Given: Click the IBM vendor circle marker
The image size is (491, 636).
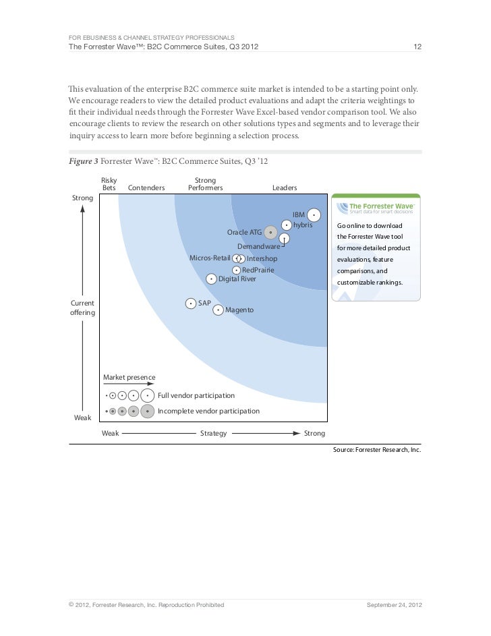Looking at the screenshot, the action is (314, 215).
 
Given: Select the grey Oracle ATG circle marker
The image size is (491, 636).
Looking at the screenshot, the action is (270, 233).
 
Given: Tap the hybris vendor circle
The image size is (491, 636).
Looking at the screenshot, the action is (287, 225).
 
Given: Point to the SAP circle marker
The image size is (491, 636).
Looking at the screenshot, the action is (191, 303).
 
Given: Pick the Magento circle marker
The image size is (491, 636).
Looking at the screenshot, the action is (218, 310).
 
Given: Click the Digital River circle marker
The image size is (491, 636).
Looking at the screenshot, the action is (211, 279).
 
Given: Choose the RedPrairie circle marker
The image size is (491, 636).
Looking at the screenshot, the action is (236, 270).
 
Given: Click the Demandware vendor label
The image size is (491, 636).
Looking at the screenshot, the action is (259, 247).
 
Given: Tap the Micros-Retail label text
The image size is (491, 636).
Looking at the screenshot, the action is (210, 258).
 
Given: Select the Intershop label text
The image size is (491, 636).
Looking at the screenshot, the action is (262, 259).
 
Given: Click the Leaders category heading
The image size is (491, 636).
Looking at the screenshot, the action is (285, 187).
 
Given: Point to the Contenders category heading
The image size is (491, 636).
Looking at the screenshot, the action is (146, 187).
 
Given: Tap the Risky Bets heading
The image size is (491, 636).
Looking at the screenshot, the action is (109, 183).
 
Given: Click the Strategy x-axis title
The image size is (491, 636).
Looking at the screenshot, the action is (213, 433).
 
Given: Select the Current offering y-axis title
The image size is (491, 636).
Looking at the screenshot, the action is (82, 308).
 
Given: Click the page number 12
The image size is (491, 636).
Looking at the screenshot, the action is (417, 47).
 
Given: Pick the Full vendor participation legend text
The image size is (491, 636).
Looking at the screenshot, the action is (196, 395).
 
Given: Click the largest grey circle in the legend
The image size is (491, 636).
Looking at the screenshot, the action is (148, 411).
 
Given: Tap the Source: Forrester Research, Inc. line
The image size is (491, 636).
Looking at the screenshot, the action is (377, 449).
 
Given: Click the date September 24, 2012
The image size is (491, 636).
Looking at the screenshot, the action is (394, 605).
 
